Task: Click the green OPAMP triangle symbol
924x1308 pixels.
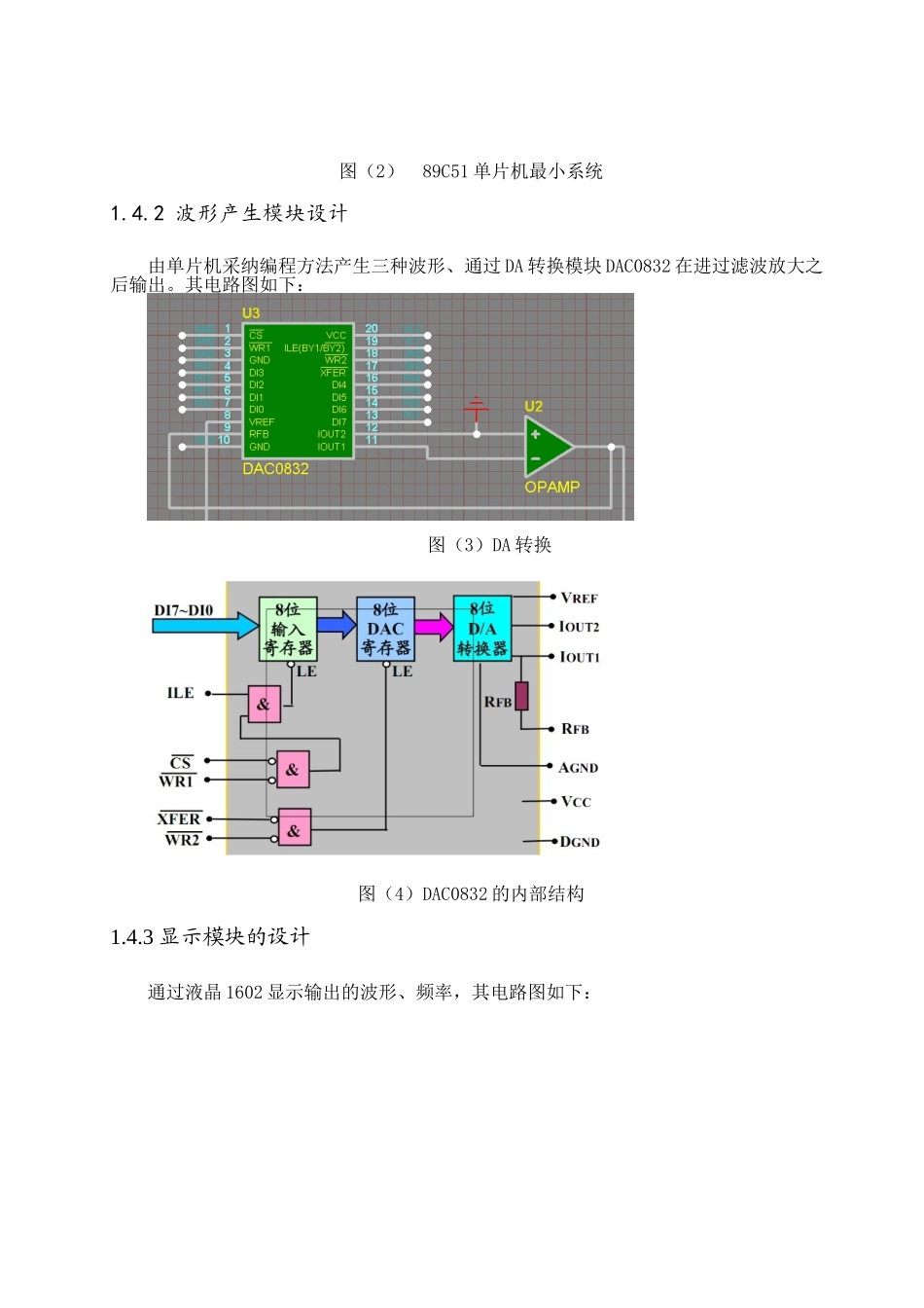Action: pos(547,447)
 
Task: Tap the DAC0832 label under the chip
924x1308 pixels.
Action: pos(275,469)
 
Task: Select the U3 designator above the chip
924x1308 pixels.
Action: pos(251,313)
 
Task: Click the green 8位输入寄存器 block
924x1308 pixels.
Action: pos(288,629)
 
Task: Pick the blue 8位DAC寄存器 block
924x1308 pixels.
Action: pos(385,629)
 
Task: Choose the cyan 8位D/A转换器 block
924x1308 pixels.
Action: pos(482,629)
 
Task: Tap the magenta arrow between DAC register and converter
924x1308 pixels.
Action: pos(434,627)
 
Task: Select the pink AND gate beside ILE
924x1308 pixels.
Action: pos(264,704)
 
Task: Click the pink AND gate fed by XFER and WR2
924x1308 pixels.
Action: pos(294,828)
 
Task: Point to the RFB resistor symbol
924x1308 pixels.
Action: pos(522,696)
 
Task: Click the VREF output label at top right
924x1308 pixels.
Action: pos(579,598)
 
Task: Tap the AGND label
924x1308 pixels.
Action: pos(578,768)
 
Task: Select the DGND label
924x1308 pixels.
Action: pos(580,842)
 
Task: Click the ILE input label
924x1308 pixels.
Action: pos(181,693)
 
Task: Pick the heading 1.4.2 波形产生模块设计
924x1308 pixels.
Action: pos(229,213)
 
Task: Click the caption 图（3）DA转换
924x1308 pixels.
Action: pos(489,545)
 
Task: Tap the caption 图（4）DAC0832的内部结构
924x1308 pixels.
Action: pos(471,893)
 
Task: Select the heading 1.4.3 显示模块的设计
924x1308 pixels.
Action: pos(210,937)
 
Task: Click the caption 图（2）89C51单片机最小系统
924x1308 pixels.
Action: pos(471,171)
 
